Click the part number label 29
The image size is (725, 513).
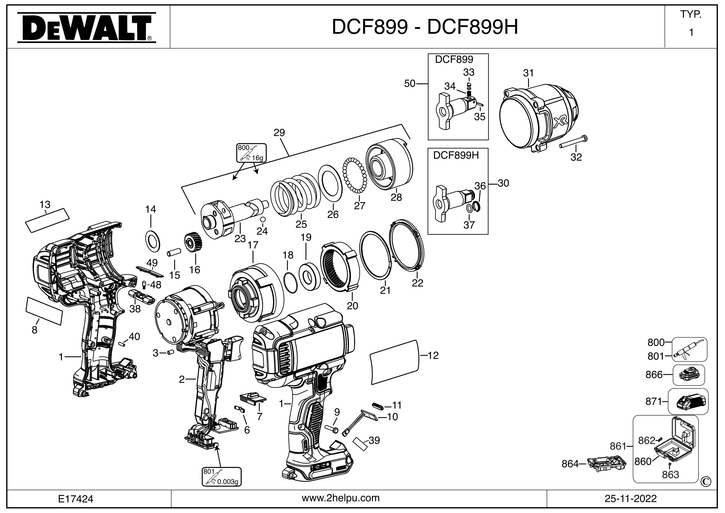coord(279,132)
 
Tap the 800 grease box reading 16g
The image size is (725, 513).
coord(251,152)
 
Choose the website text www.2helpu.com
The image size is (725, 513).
coord(341,498)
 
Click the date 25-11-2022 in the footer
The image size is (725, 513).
coord(631,499)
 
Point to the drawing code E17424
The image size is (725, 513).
coord(76,499)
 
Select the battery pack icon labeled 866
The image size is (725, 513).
coord(689,375)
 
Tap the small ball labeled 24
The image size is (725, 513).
coord(263,219)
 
